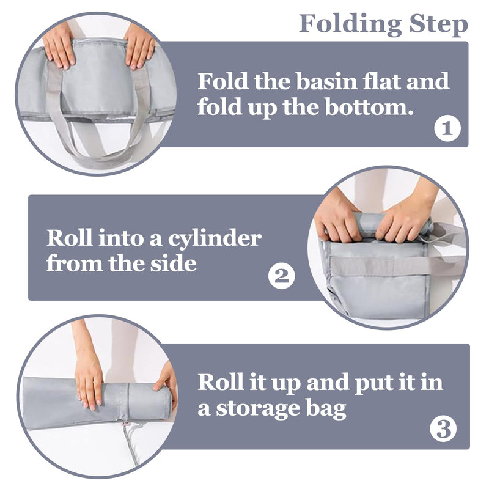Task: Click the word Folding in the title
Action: click(x=350, y=24)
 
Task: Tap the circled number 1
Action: click(x=447, y=128)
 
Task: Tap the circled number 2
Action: click(x=282, y=276)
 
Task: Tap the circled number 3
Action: click(x=443, y=429)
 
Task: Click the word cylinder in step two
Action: click(x=215, y=240)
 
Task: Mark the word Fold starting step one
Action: click(x=222, y=81)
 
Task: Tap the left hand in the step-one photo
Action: click(x=59, y=47)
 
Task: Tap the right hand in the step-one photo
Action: click(x=139, y=47)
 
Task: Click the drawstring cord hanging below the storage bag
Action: click(x=131, y=443)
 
